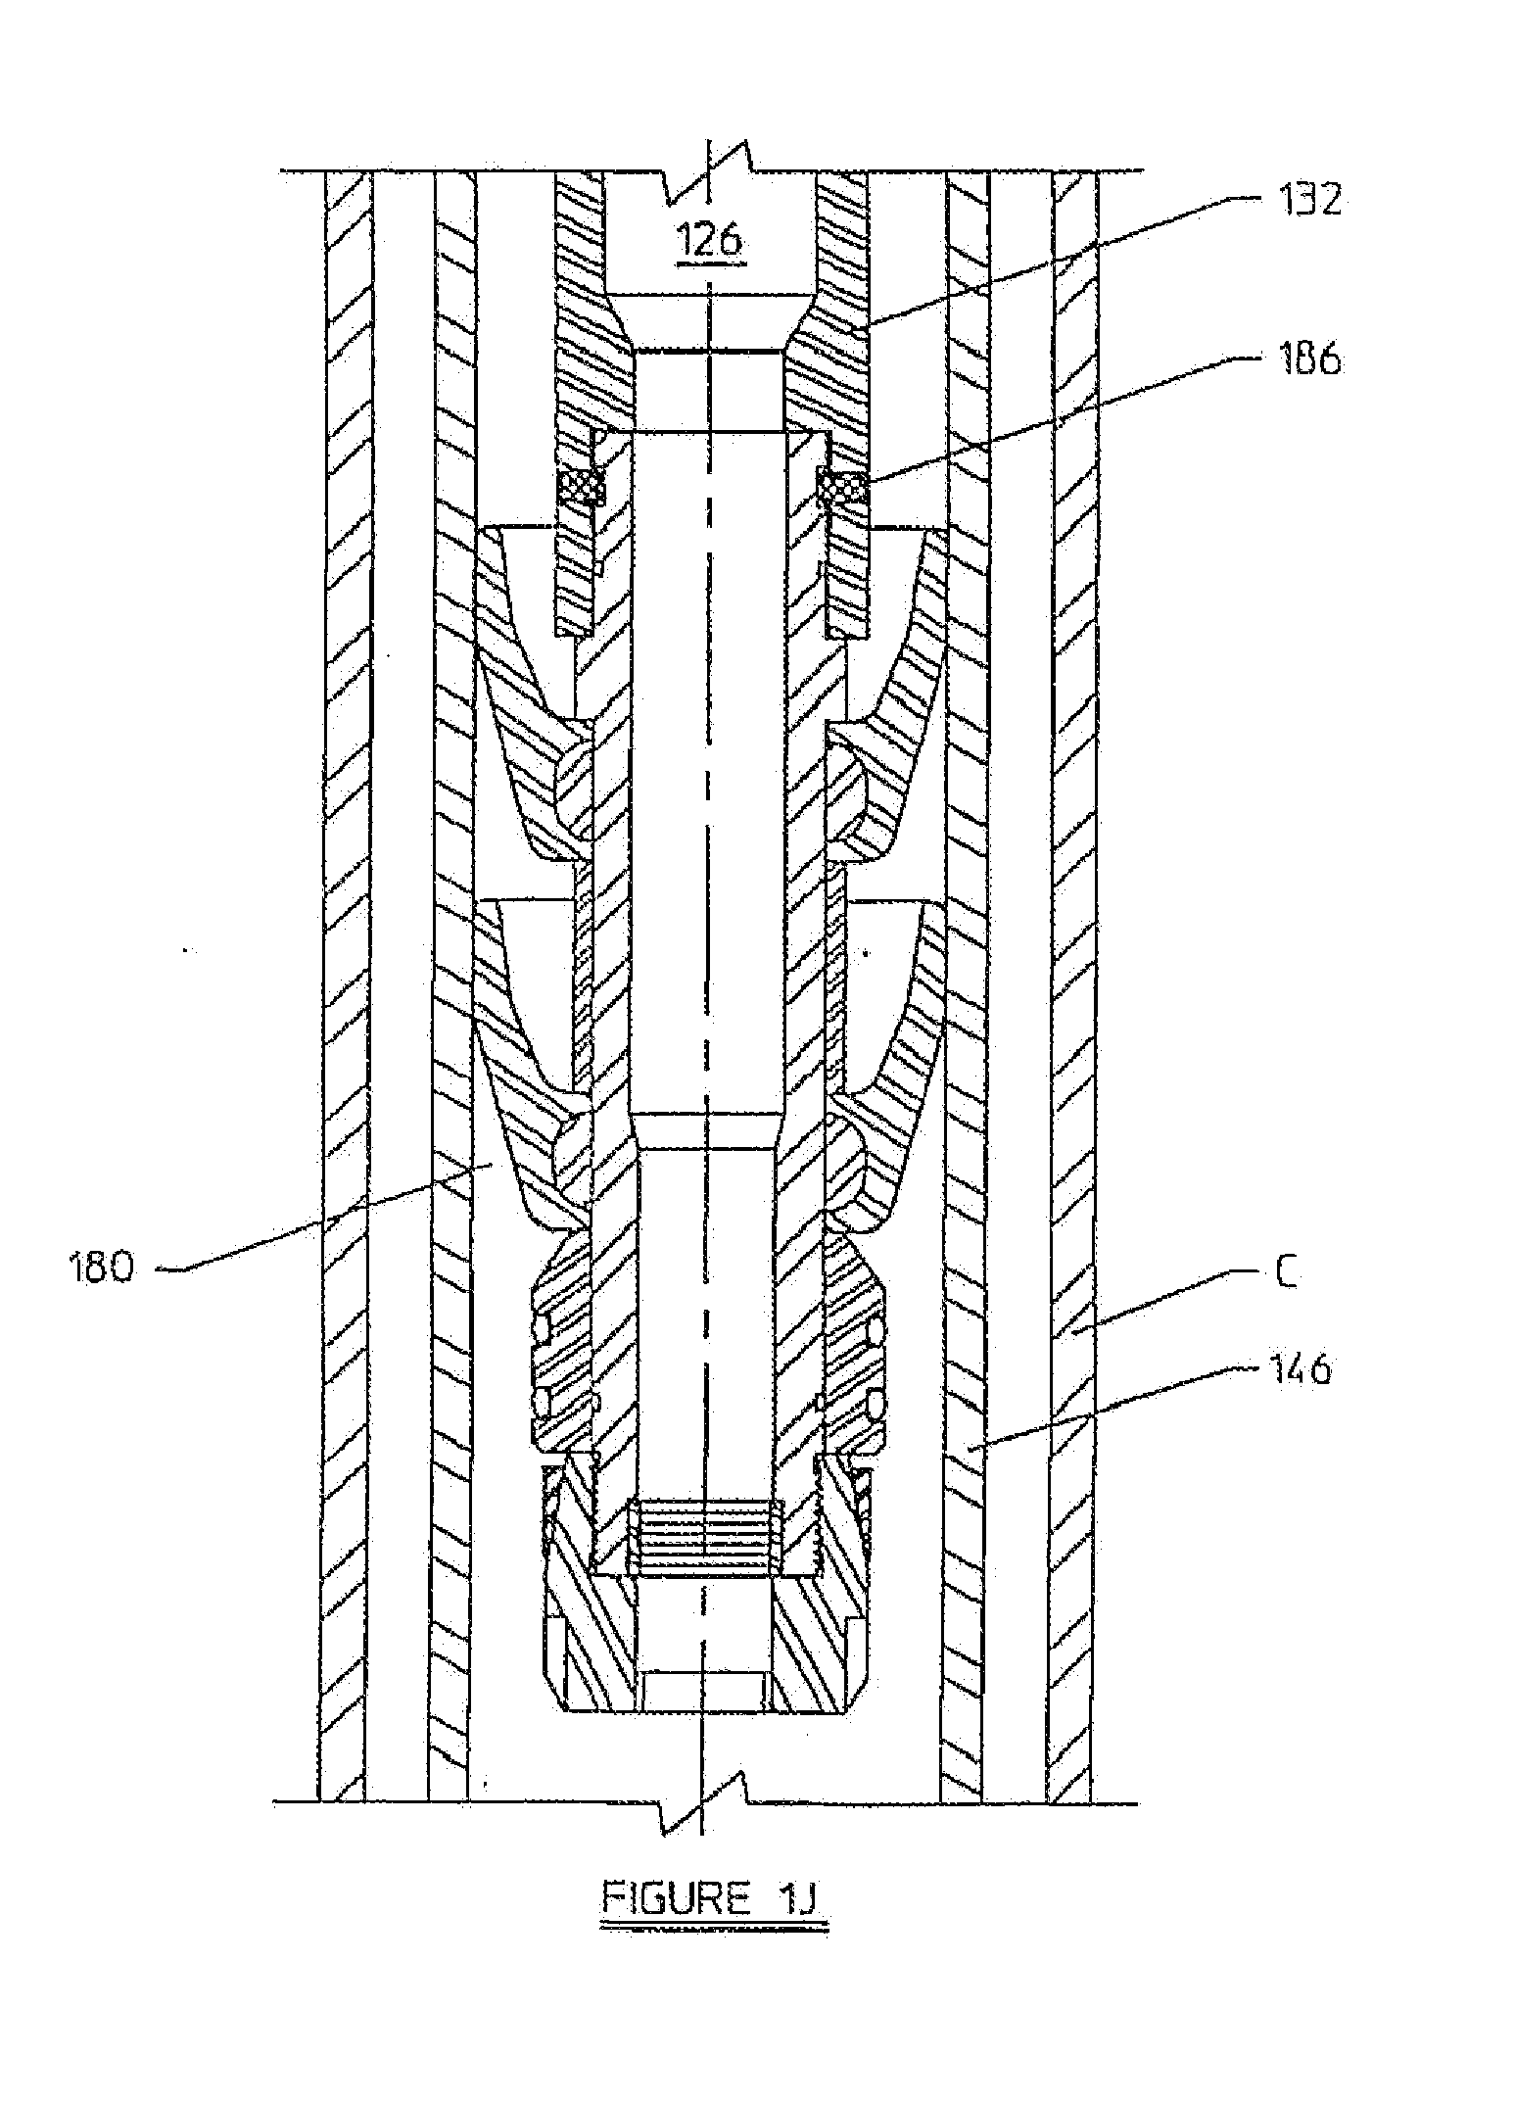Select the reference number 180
pos(101,1269)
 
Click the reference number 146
pos(1302,1369)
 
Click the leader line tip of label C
pos(1073,1332)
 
